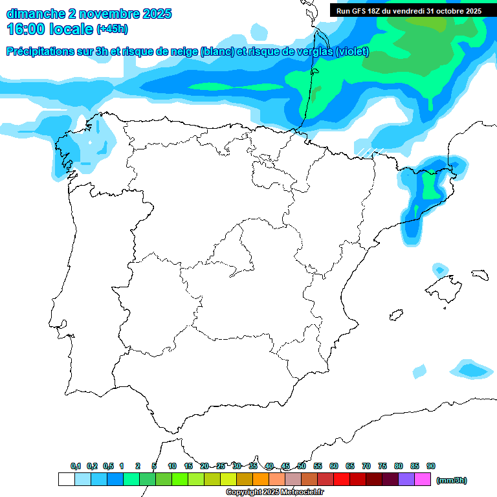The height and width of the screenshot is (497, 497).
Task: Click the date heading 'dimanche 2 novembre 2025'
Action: tap(89, 14)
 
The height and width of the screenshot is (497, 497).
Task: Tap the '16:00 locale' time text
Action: tap(49, 29)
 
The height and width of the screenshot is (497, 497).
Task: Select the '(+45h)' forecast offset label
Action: tap(112, 29)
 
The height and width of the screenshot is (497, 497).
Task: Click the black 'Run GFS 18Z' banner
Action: tap(408, 11)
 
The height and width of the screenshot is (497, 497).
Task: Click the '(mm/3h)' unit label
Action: tap(451, 480)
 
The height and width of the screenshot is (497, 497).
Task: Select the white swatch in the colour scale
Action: tap(66, 480)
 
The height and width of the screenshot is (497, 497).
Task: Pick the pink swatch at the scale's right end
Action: tap(422, 480)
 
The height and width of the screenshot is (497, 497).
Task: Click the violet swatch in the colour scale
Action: tap(406, 480)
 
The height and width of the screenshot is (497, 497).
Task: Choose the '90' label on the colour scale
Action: tap(431, 466)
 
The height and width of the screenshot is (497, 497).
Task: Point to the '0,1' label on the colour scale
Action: tap(76, 466)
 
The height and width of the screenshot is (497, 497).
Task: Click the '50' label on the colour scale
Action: tap(302, 466)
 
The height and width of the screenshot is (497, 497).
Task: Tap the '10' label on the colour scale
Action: tap(172, 466)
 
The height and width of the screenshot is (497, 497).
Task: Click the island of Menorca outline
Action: tap(480, 274)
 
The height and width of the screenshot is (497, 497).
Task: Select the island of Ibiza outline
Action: tap(395, 315)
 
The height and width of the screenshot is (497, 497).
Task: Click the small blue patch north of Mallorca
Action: tap(441, 268)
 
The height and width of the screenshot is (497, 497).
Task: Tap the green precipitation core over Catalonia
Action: tap(428, 185)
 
